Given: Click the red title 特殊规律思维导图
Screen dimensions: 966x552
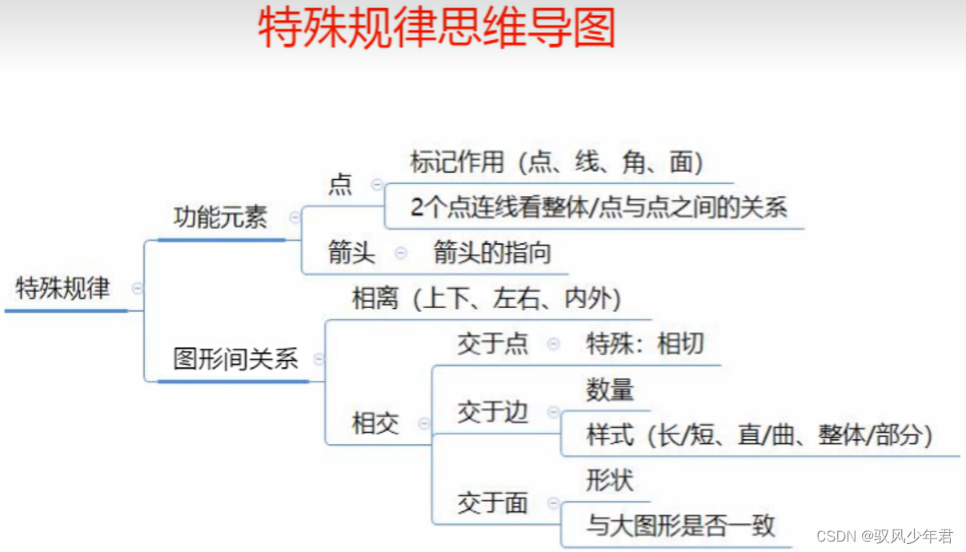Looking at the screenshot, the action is click(x=437, y=30).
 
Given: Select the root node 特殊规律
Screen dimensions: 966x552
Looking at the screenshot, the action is click(x=62, y=288).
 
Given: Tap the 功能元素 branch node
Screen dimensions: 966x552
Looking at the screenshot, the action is click(x=220, y=217).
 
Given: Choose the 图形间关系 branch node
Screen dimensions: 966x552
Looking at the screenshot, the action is click(x=235, y=358).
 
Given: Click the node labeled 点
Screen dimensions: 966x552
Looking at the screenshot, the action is click(x=340, y=185).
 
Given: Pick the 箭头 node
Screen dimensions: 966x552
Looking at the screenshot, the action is click(x=351, y=253).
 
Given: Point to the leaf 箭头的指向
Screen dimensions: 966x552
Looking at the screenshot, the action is click(x=492, y=253).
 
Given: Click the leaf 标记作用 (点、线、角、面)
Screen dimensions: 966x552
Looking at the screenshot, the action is click(x=556, y=162).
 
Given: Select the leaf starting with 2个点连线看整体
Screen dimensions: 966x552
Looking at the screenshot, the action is click(x=599, y=208).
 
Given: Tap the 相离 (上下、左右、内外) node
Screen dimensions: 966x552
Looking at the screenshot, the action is click(x=487, y=299).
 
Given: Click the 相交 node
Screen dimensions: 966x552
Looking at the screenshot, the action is click(x=375, y=423).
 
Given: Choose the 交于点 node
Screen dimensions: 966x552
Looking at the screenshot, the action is click(x=492, y=344).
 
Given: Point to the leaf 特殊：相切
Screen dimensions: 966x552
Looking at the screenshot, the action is click(x=645, y=344).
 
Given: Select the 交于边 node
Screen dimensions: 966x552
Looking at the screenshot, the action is click(x=492, y=412).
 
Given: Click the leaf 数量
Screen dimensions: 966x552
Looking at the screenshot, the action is click(x=610, y=390).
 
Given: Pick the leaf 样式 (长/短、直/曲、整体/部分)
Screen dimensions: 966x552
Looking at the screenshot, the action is click(x=760, y=435).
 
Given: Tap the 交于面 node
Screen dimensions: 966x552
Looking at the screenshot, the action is click(x=492, y=503).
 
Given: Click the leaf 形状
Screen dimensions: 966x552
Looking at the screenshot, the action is click(x=610, y=480).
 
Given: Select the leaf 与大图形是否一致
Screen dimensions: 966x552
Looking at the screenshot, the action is click(x=680, y=526).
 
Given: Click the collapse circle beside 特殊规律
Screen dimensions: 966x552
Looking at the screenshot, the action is click(x=138, y=288).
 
